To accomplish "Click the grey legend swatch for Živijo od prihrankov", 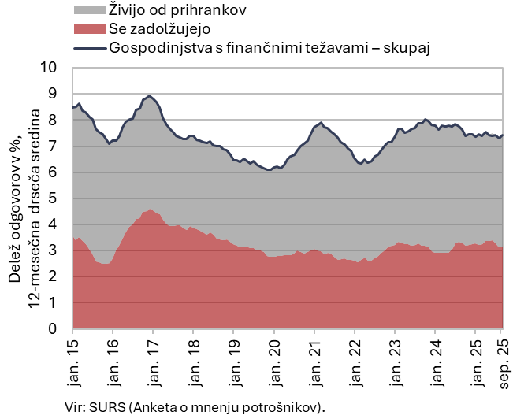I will [88, 11].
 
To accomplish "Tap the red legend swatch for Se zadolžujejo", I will [88, 30].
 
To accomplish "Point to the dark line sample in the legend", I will [88, 48].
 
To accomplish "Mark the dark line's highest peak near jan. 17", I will [150, 95].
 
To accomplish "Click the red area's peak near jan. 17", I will [150, 210].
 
